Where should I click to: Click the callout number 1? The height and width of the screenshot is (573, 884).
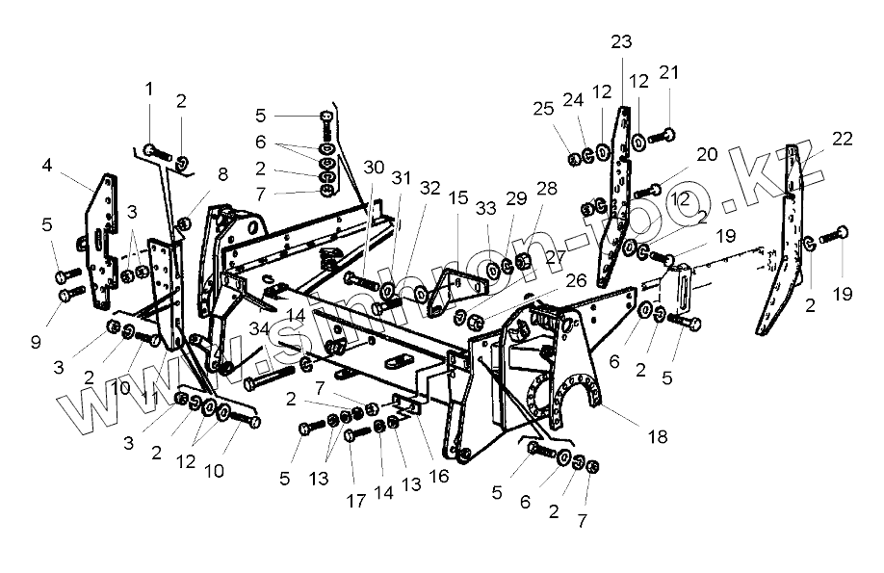point(149,89)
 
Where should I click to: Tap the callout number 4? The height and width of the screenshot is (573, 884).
point(46,165)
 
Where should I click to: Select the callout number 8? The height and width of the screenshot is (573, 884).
point(222,174)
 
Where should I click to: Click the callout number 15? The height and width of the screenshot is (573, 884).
point(457,198)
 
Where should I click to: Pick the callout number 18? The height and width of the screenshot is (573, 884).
point(658,436)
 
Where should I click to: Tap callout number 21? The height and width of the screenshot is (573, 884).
point(668,73)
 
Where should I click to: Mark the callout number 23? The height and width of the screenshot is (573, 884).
point(621,41)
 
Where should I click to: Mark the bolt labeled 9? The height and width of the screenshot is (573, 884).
point(70,293)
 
